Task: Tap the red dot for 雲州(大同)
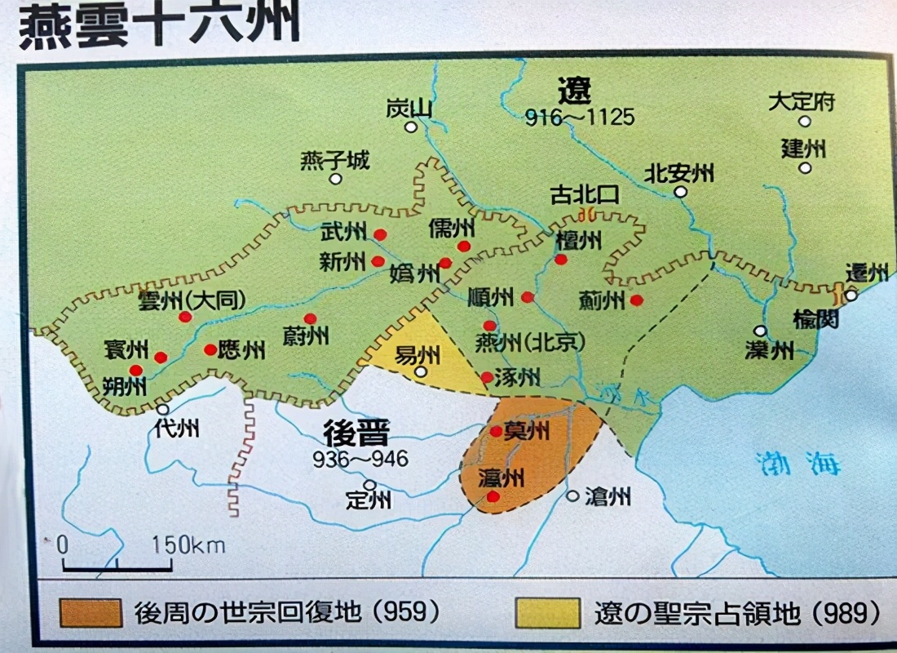(185, 317)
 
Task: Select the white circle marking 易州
(421, 371)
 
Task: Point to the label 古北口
(585, 195)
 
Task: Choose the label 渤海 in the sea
(797, 463)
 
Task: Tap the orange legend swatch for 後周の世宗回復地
(91, 612)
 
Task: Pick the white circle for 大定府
(805, 122)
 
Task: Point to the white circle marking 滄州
(572, 495)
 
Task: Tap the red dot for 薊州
(637, 300)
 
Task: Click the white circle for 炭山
(412, 127)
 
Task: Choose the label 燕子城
(334, 160)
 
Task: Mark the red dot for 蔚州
(310, 318)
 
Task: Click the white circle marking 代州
(163, 410)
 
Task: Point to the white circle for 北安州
(680, 192)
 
